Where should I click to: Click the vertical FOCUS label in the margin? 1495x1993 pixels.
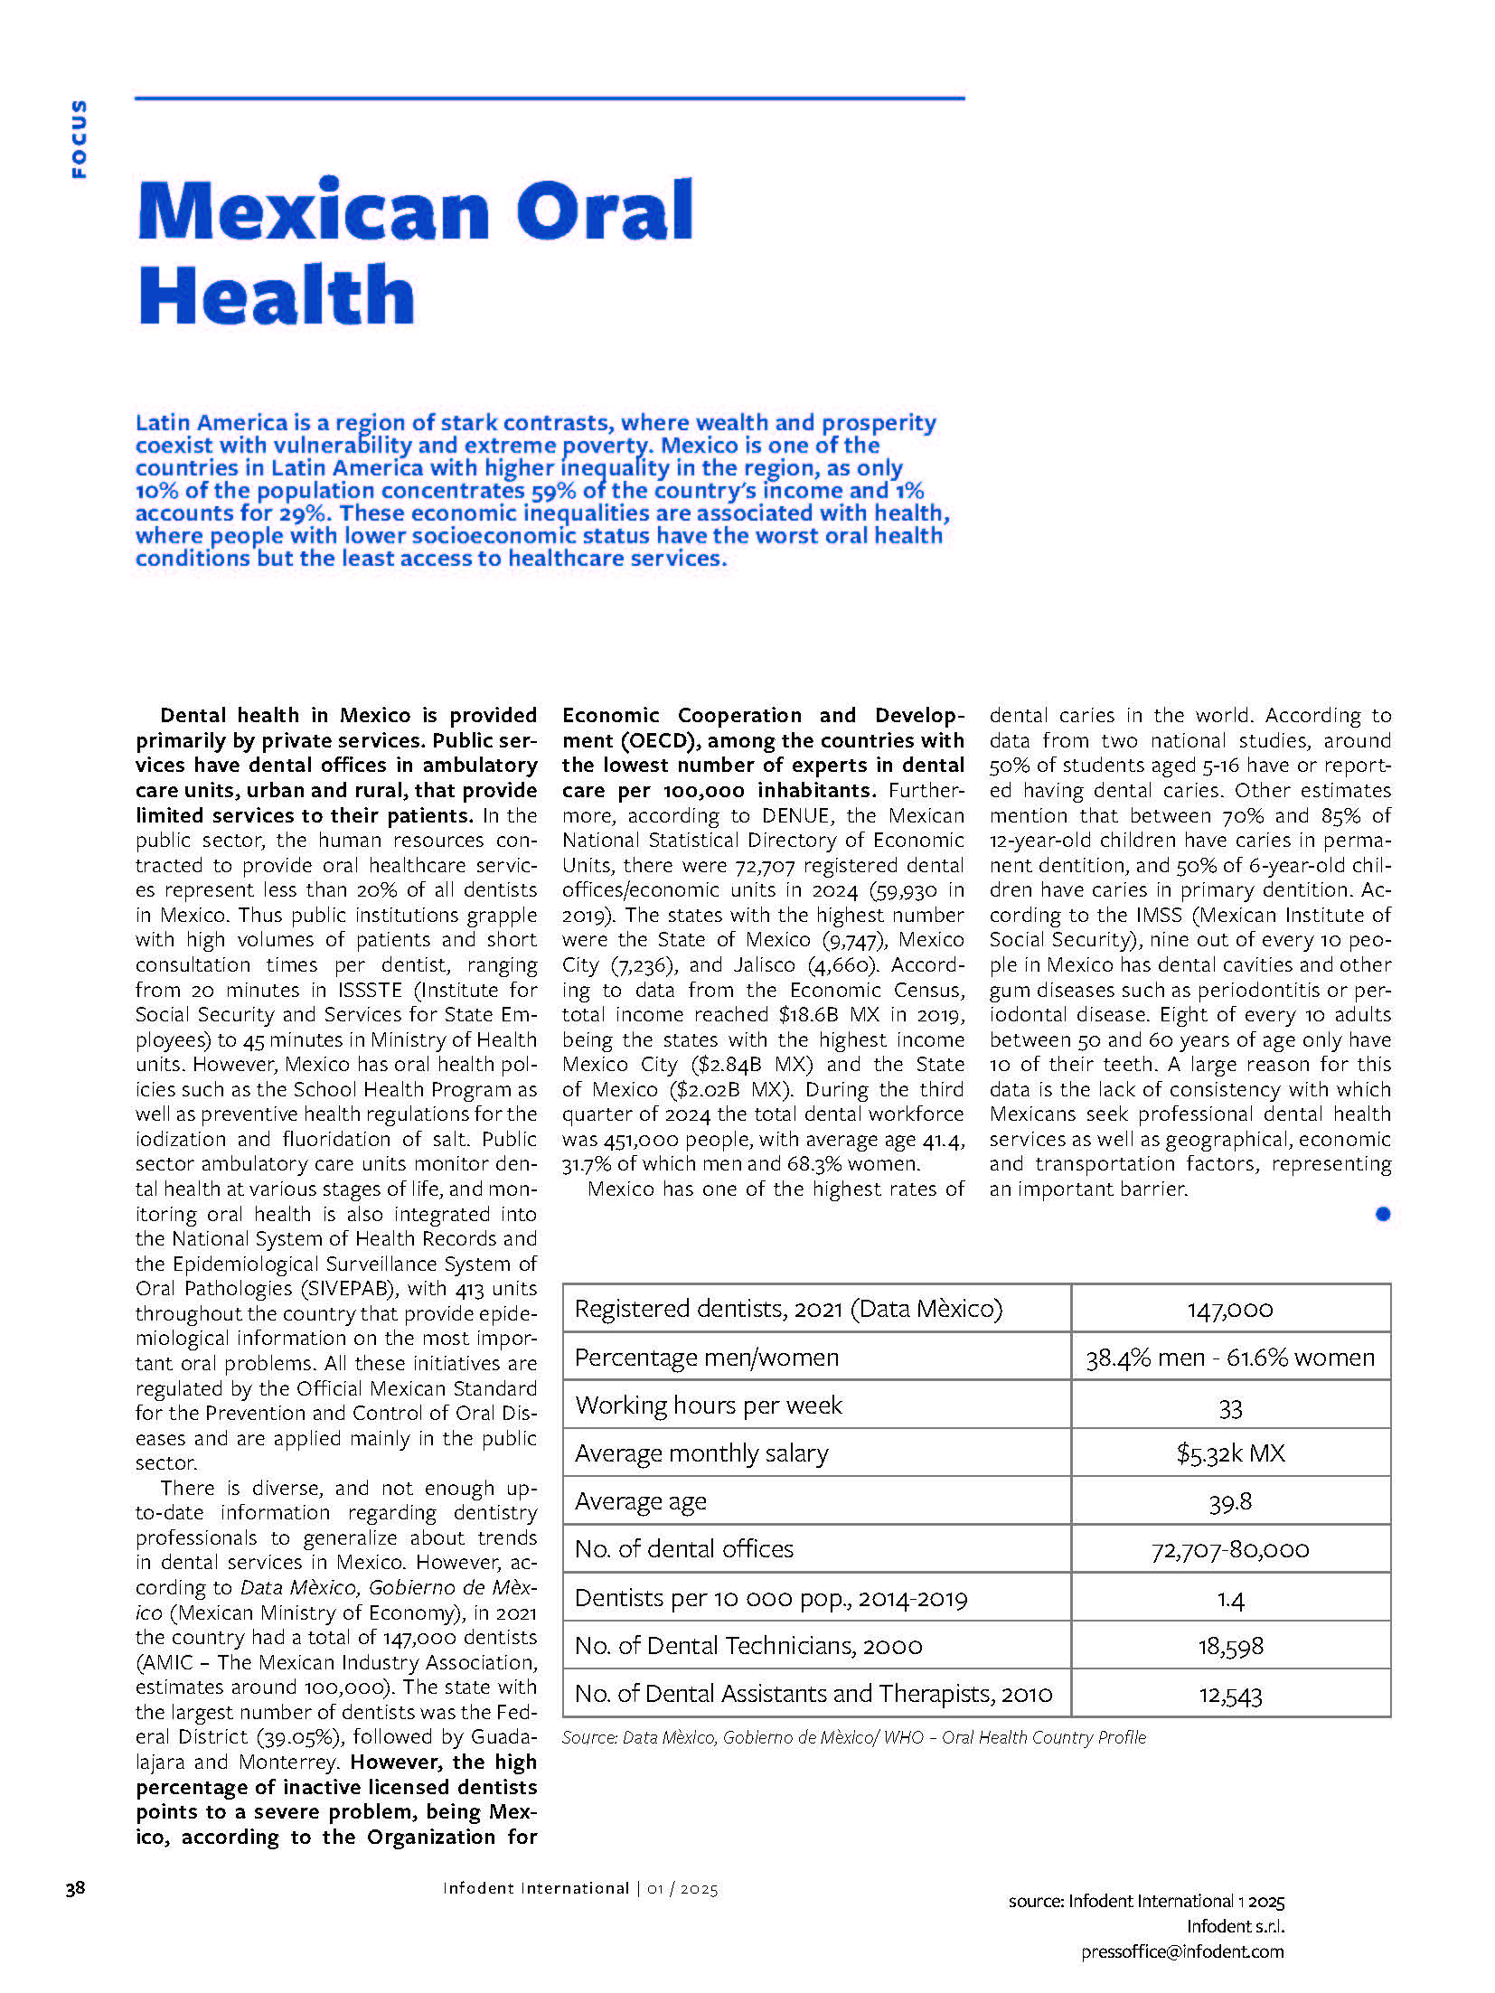coord(80,138)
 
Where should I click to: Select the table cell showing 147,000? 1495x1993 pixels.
coord(1229,1309)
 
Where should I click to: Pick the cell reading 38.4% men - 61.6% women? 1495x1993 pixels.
coord(1229,1358)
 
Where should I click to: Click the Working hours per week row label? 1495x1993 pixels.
coord(709,1405)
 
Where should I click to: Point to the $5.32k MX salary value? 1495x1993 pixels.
coord(1229,1453)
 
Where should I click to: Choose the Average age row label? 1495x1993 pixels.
coord(640,1501)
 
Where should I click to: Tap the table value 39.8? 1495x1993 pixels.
coord(1229,1502)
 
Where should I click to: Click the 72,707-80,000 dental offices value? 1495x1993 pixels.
coord(1229,1550)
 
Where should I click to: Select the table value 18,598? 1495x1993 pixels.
coord(1229,1646)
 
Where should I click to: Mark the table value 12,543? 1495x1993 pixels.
coord(1229,1695)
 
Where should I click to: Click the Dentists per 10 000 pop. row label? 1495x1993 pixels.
coord(770,1598)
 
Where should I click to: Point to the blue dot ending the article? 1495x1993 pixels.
coord(1382,1214)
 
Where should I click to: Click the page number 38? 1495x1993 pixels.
coord(75,1887)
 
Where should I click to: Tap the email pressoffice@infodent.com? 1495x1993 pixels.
coord(1181,1951)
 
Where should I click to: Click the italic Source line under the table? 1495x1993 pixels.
coord(853,1737)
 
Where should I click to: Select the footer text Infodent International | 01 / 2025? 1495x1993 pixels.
coord(580,1888)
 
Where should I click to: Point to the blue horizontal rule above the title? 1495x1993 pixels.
coord(550,98)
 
